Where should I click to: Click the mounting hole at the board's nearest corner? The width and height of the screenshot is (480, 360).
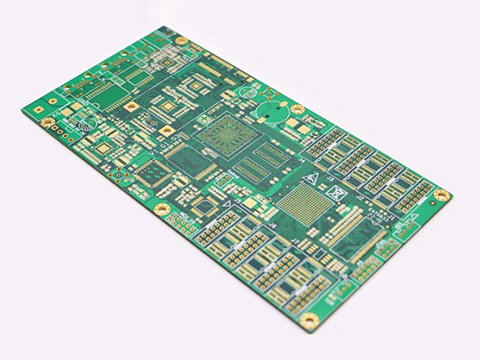coord(310,319)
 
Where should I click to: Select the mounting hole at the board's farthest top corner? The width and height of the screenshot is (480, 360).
coord(182,40)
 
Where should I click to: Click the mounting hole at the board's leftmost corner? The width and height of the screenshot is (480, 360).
coord(46,122)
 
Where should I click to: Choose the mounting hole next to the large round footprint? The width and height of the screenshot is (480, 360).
coord(297,109)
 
